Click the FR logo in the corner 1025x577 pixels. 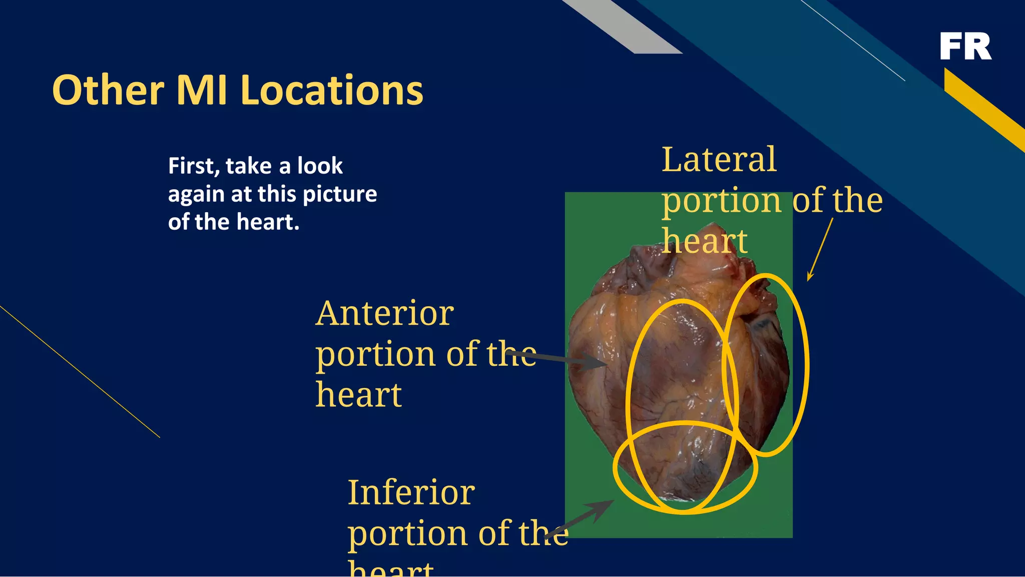click(x=965, y=46)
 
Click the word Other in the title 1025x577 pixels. click(x=108, y=91)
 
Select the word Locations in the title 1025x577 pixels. click(x=331, y=91)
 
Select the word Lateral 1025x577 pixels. click(x=719, y=160)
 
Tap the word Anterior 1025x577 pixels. click(x=384, y=314)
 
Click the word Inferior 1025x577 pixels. click(x=411, y=492)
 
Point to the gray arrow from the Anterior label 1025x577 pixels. click(x=556, y=359)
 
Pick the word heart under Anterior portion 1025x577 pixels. click(x=358, y=395)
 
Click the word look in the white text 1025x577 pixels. click(x=320, y=166)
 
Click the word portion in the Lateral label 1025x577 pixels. click(x=722, y=201)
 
